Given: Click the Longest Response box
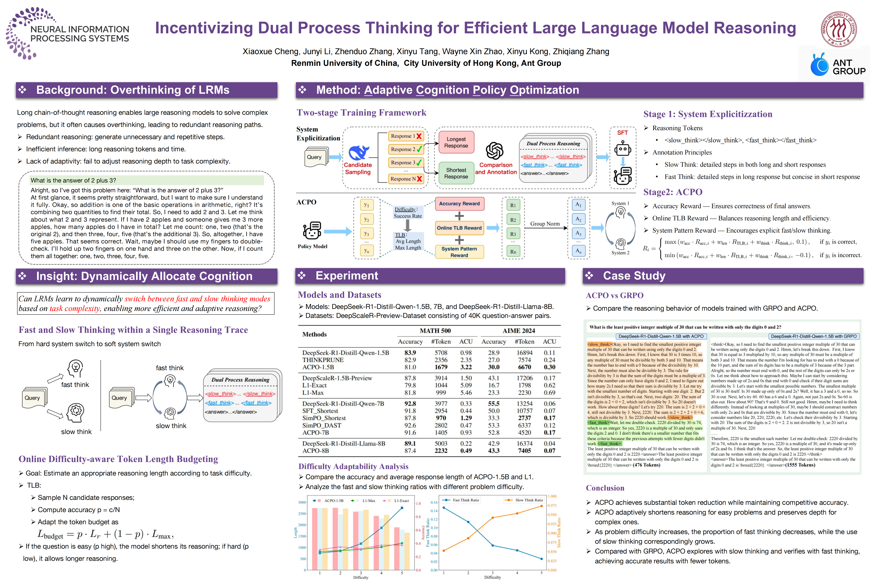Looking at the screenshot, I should click(456, 142).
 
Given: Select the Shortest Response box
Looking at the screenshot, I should click(456, 173).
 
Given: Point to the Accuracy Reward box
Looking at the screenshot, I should click(459, 204).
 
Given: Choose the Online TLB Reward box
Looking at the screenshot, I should click(459, 228).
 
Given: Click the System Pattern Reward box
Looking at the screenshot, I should click(459, 252).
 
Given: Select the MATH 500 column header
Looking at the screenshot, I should click(435, 330).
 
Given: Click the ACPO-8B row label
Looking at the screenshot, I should click(315, 451).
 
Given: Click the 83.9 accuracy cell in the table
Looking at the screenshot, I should click(410, 353).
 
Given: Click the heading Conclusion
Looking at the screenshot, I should click(605, 488).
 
